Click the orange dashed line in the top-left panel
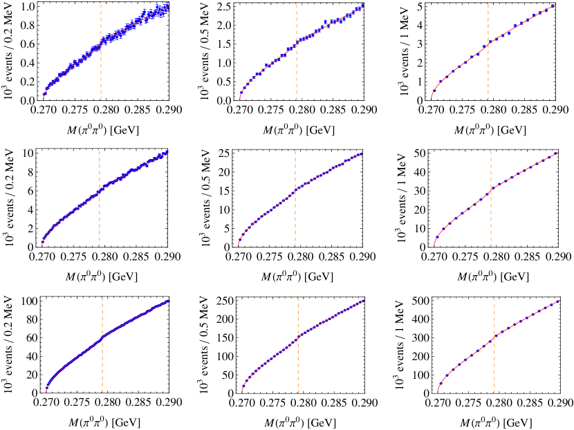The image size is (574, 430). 101,76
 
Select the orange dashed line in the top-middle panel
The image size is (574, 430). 297,76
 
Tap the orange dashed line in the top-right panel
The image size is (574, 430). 488,76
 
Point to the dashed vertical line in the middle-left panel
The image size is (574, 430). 100,221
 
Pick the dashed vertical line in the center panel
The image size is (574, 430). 295,221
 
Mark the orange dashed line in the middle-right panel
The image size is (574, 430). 491,221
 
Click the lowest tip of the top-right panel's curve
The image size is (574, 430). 432,97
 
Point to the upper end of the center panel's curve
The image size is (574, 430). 362,153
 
